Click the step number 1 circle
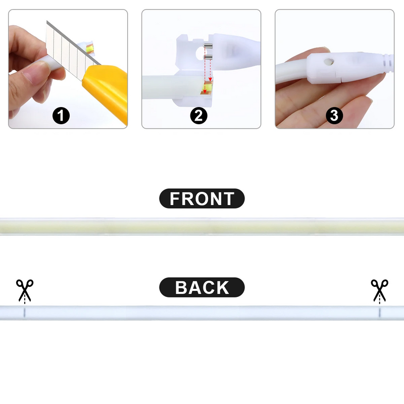61,116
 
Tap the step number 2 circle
198,116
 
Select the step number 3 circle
334,116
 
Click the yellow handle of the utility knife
106,90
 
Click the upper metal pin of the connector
208,46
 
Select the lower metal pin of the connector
208,57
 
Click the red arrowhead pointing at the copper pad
205,91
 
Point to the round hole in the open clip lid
200,54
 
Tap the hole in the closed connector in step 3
329,62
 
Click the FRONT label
202,198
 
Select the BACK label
202,287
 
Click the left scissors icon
25,289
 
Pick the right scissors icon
380,289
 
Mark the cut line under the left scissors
24,312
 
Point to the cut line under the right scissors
380,312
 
